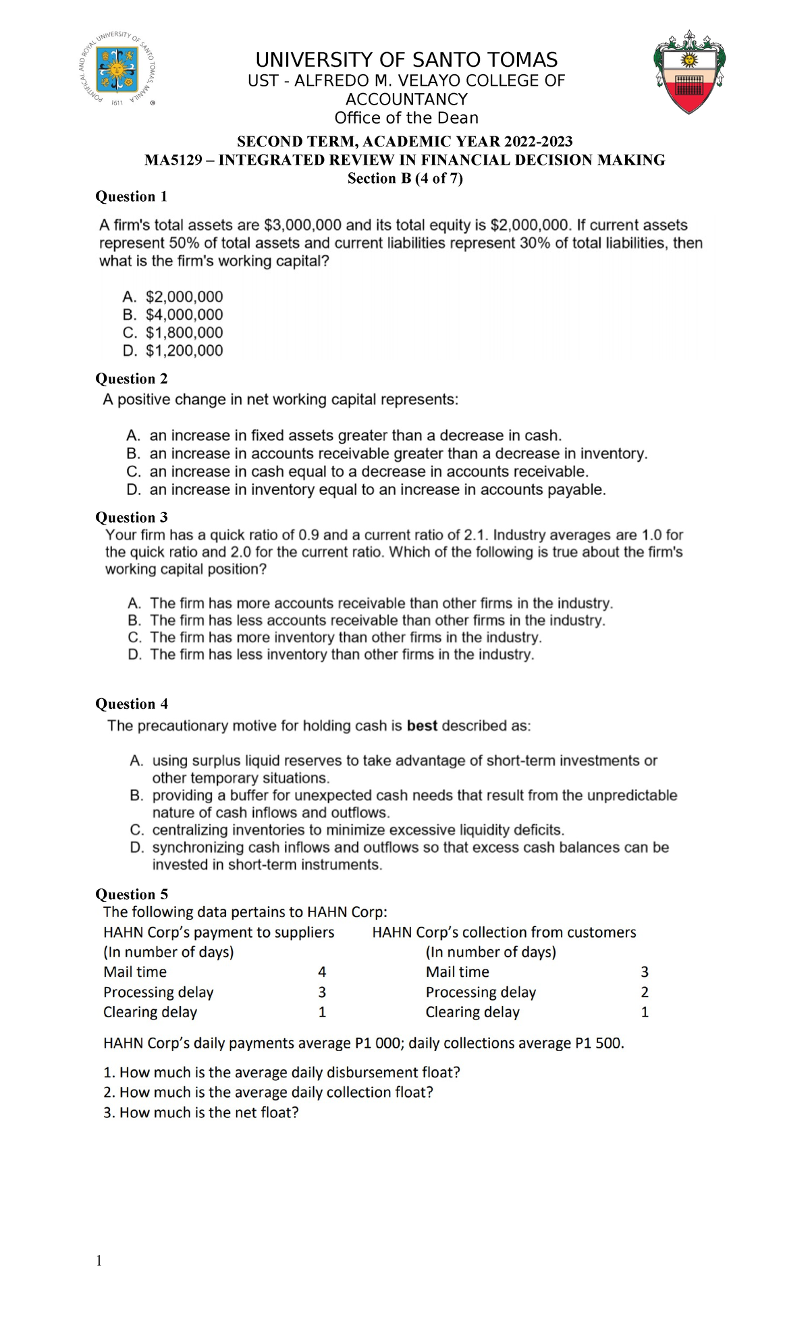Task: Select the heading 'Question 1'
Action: pos(131,196)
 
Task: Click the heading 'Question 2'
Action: pos(131,379)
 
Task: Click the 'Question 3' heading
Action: pos(131,517)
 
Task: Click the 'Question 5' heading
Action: pos(131,895)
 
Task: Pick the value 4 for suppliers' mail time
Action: pos(322,972)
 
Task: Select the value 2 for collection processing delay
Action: pos(645,992)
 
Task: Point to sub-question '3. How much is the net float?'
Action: pos(200,1113)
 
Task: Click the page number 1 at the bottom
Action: pos(99,1260)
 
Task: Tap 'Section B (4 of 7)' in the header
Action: pos(405,178)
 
